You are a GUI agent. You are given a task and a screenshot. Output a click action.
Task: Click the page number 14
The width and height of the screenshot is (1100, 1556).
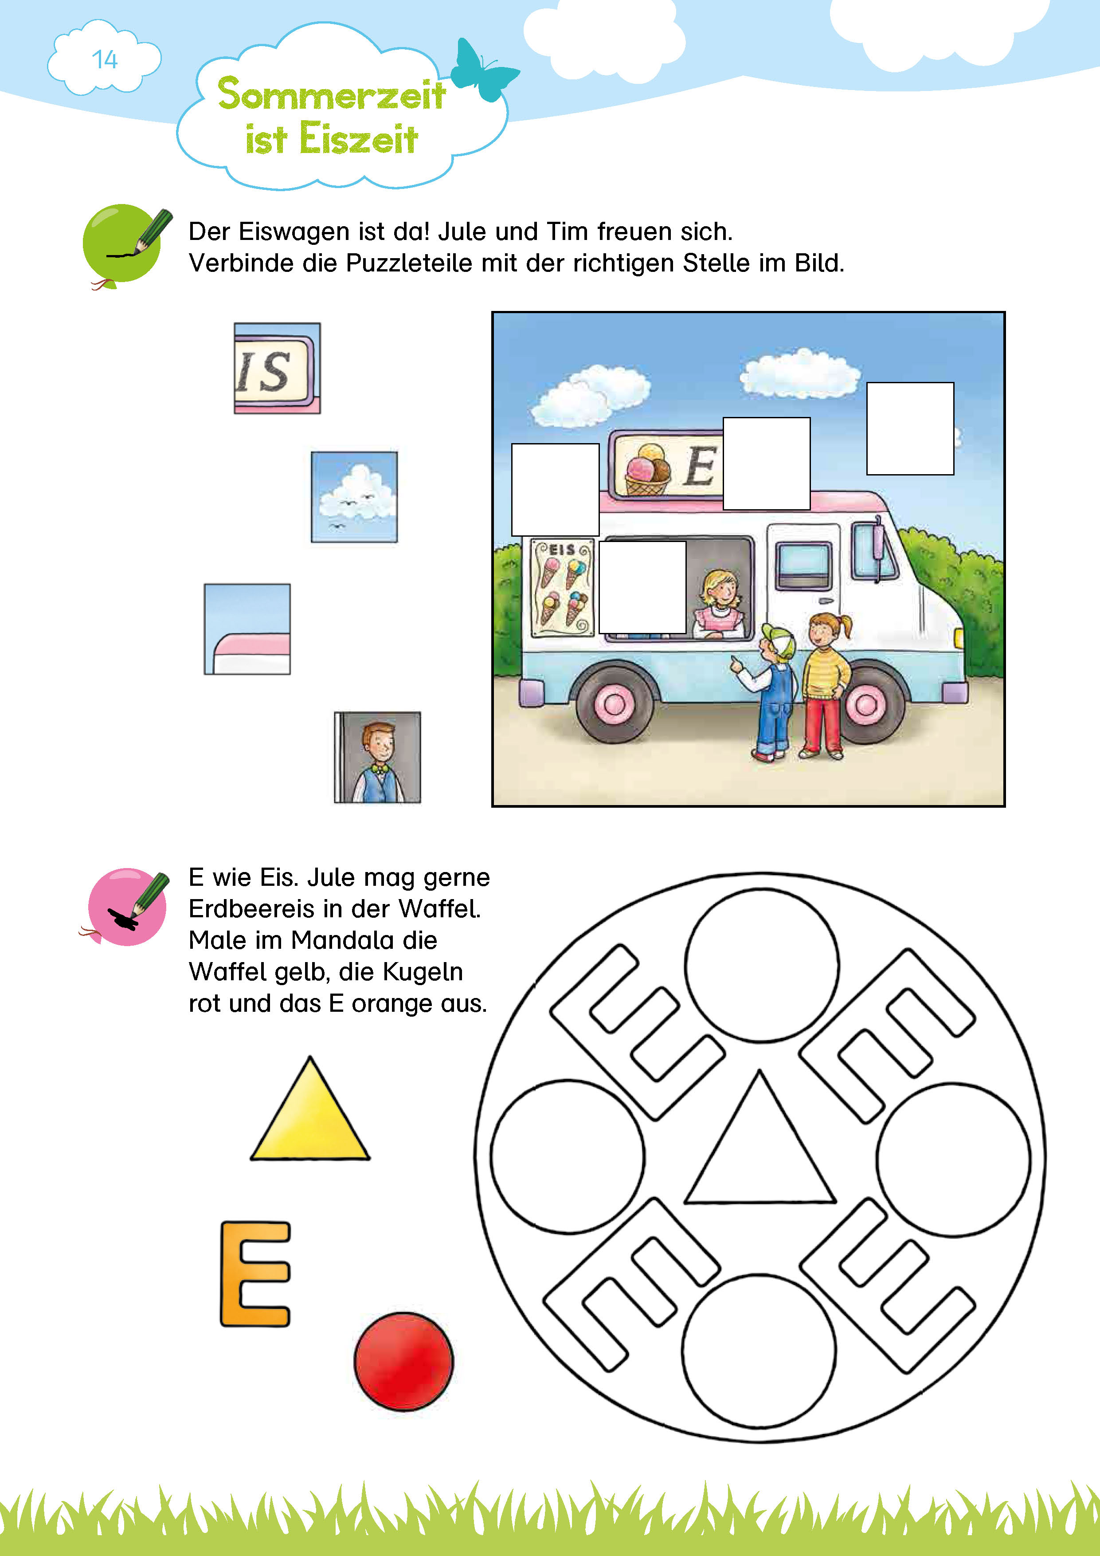[x=105, y=60]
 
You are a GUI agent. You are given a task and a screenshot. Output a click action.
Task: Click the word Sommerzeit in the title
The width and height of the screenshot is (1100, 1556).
[x=331, y=94]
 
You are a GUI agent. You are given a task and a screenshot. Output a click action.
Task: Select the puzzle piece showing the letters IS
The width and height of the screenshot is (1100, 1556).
[x=277, y=368]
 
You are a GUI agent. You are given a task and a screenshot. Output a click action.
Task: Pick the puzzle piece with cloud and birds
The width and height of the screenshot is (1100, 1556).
[x=354, y=497]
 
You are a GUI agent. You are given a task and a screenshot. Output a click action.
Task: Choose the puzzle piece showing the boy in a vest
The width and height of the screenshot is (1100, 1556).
[x=377, y=757]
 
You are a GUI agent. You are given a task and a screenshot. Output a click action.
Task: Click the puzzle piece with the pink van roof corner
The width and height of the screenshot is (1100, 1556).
[x=247, y=629]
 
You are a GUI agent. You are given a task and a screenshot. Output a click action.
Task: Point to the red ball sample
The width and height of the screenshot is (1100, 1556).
[x=404, y=1361]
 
